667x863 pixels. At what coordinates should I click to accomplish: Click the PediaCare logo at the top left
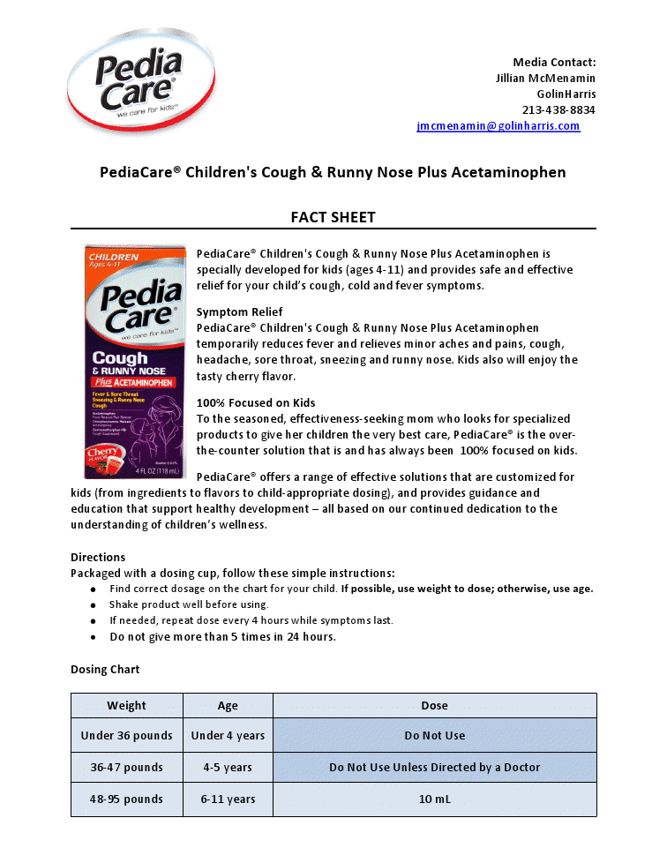pyautogui.click(x=140, y=79)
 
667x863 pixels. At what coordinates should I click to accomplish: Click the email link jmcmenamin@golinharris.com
pyautogui.click(x=498, y=126)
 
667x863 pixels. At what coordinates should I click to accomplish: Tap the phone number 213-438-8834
pyautogui.click(x=558, y=110)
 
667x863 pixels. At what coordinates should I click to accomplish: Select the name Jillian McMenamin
pyautogui.click(x=545, y=78)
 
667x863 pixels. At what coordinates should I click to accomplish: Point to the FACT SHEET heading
pyautogui.click(x=333, y=217)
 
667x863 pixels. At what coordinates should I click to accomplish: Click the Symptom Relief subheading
pyautogui.click(x=239, y=312)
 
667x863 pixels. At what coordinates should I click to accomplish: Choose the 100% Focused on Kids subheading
pyautogui.click(x=256, y=403)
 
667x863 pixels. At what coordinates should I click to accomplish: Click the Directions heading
pyautogui.click(x=98, y=558)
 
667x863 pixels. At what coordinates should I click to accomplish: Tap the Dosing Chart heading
pyautogui.click(x=105, y=670)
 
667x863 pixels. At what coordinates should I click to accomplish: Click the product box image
pyautogui.click(x=135, y=361)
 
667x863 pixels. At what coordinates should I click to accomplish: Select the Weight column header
pyautogui.click(x=127, y=706)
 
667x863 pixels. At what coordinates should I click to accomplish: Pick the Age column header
pyautogui.click(x=228, y=706)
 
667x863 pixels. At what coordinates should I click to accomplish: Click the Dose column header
pyautogui.click(x=434, y=706)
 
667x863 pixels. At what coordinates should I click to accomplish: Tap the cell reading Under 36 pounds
pyautogui.click(x=127, y=736)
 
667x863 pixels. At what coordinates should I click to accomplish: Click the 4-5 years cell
pyautogui.click(x=228, y=768)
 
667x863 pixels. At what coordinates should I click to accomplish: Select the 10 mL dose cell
pyautogui.click(x=434, y=799)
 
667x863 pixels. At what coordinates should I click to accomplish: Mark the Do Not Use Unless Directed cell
pyautogui.click(x=434, y=768)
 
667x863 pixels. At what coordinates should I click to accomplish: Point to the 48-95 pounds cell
pyautogui.click(x=127, y=799)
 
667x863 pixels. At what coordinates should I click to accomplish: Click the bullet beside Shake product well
pyautogui.click(x=94, y=605)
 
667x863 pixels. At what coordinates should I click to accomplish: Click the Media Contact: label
pyautogui.click(x=554, y=62)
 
